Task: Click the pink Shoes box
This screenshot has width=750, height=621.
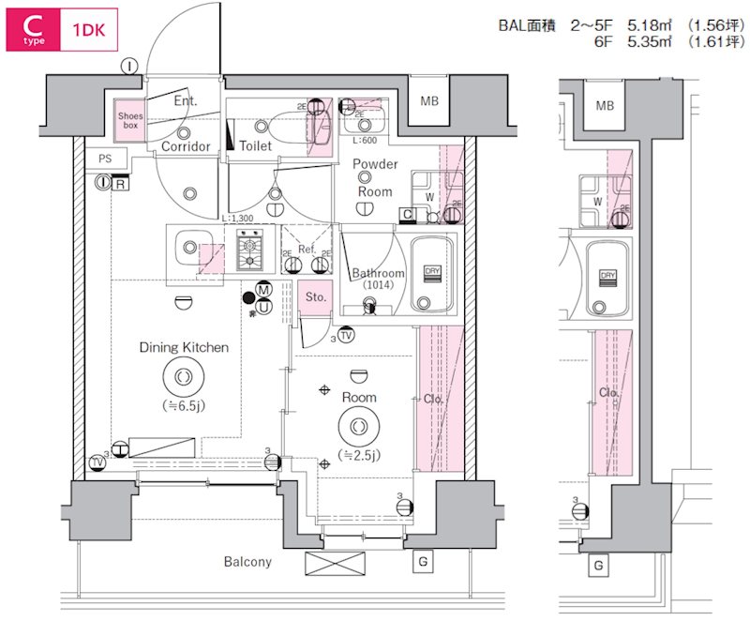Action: pos(129,119)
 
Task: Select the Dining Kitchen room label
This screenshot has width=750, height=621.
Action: pos(184,347)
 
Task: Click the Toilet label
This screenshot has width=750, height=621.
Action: pos(255,146)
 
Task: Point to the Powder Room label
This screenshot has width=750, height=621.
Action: pos(375,177)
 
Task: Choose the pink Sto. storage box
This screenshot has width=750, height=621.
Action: pos(316,296)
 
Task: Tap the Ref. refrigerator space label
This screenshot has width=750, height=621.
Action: pos(306,250)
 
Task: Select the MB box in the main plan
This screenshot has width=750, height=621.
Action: pos(429,101)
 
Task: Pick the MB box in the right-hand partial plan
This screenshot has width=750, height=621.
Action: pos(606,105)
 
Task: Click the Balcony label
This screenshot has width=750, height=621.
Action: pos(247,562)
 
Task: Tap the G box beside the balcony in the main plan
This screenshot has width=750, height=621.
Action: pos(422,562)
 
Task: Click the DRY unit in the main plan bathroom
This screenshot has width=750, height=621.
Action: pos(432,271)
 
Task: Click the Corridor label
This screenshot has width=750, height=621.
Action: pos(186,146)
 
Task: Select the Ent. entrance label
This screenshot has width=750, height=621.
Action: pos(185,101)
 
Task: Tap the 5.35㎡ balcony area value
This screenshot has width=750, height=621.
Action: pos(646,42)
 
